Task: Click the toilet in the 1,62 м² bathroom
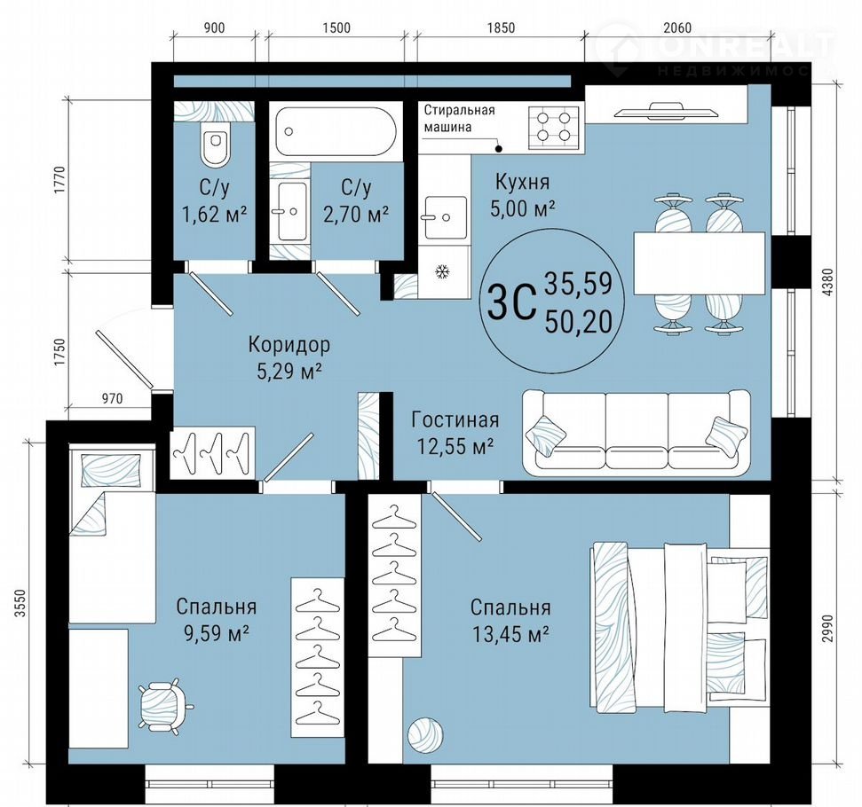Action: [x=215, y=144]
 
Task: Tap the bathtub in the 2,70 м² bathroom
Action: [x=336, y=131]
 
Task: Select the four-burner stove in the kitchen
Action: [x=554, y=127]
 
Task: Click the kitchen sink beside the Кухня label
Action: [x=446, y=217]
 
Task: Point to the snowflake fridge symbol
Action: [x=442, y=271]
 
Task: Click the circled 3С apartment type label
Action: [x=511, y=301]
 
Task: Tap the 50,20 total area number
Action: [x=578, y=322]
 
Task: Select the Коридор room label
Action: [x=289, y=345]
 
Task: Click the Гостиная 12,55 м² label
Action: [x=455, y=434]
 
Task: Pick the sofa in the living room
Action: [x=636, y=433]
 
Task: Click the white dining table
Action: [x=699, y=263]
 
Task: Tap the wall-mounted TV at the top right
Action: [x=667, y=111]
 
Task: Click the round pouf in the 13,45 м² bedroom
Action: [x=425, y=734]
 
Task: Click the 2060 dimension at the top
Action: [x=677, y=27]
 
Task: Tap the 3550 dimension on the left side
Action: [x=20, y=603]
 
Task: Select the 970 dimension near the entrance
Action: [x=112, y=399]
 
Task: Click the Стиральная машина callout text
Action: [x=459, y=119]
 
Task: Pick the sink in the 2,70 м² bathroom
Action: [x=292, y=211]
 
